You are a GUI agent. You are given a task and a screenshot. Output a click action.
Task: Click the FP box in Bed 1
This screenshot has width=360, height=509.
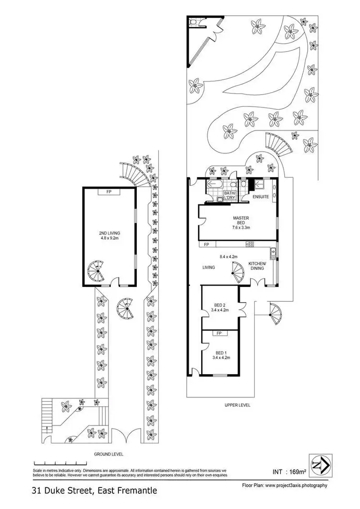pos(219,333)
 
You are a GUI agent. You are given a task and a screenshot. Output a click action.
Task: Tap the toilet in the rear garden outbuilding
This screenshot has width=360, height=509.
pos(194,22)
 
